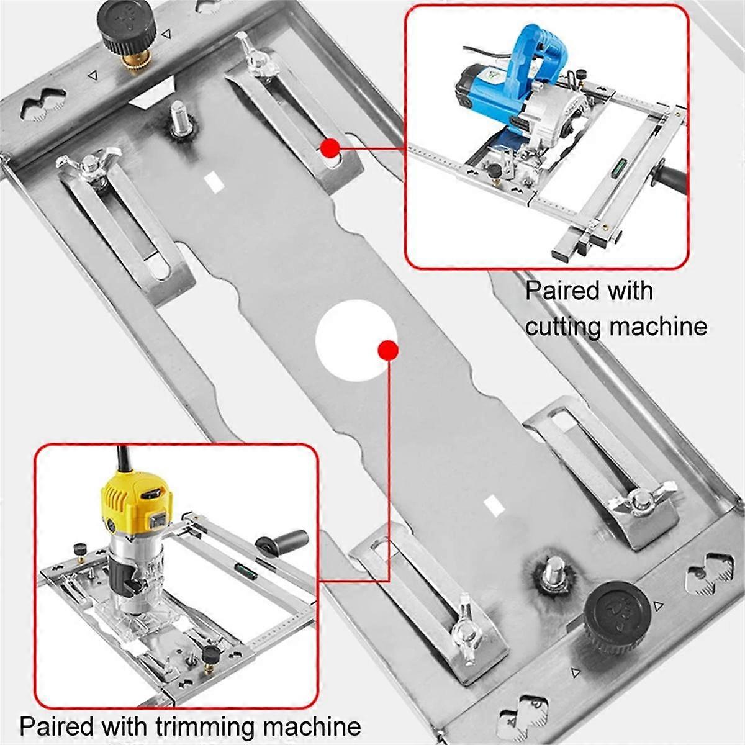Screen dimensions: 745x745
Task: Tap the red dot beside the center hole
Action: (x=388, y=351)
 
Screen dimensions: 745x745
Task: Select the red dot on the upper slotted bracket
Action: (x=330, y=148)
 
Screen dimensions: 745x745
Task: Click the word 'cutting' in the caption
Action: (x=567, y=325)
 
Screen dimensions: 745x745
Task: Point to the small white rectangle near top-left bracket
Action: (x=213, y=181)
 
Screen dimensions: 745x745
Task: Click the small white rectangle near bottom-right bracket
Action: (x=494, y=505)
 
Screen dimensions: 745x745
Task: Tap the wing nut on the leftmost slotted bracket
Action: (x=84, y=168)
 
